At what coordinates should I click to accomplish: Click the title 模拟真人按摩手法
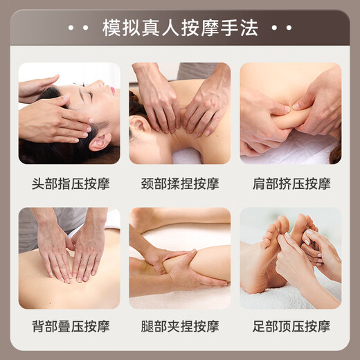pyautogui.click(x=179, y=28)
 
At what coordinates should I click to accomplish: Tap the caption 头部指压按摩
pyautogui.click(x=69, y=184)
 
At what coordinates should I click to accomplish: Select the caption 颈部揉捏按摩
pyautogui.click(x=179, y=184)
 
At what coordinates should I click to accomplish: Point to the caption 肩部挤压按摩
pyautogui.click(x=290, y=184)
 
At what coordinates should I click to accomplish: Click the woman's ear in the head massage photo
pyautogui.click(x=100, y=141)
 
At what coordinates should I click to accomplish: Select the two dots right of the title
pyautogui.click(x=281, y=28)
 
